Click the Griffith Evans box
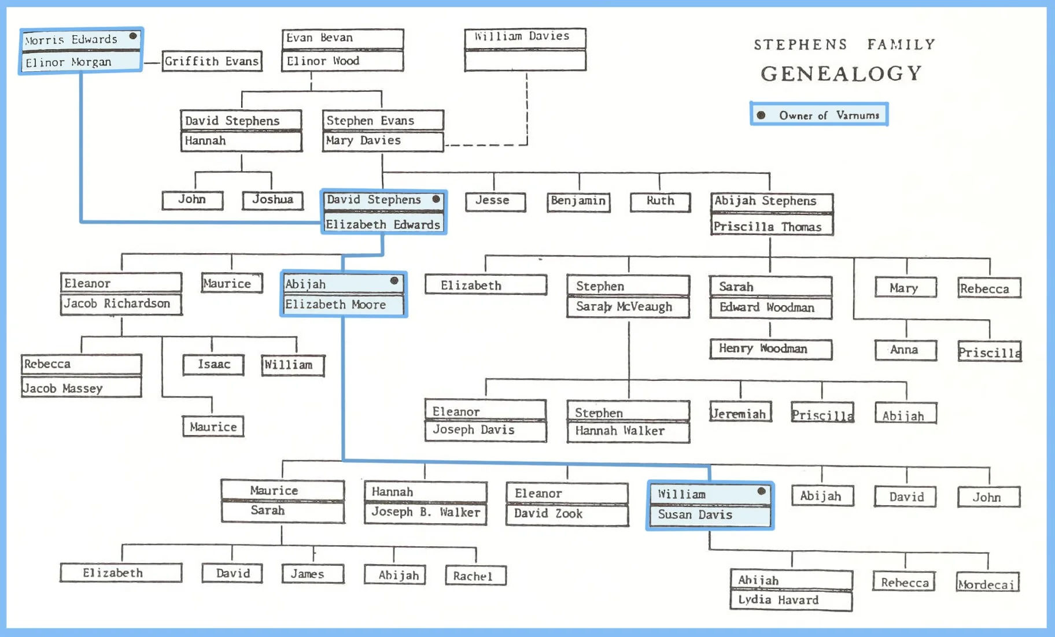tap(212, 61)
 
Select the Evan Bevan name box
tap(342, 38)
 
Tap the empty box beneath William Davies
tap(525, 60)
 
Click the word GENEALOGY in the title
tap(841, 74)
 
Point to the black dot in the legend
tap(761, 115)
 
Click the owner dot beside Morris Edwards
tap(133, 36)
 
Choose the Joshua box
tap(272, 200)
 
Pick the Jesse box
tap(495, 201)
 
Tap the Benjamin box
tap(578, 201)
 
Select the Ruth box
tap(660, 201)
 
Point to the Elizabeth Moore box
tap(344, 305)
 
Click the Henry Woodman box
tap(770, 349)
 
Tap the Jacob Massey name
tap(81, 388)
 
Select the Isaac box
tap(213, 365)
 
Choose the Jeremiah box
tap(740, 413)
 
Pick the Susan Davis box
tap(710, 515)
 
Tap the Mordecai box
tap(987, 583)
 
